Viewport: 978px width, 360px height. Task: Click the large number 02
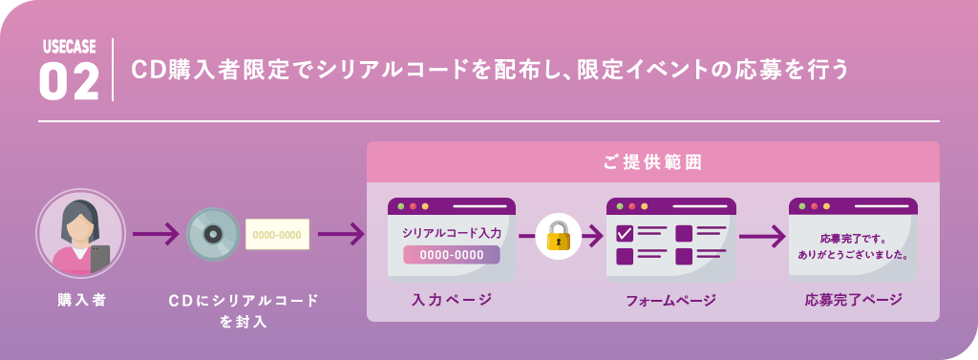click(69, 82)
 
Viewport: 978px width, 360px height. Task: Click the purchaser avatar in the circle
click(80, 233)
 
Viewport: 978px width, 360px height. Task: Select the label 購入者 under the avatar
click(81, 300)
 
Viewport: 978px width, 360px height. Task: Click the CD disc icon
click(212, 234)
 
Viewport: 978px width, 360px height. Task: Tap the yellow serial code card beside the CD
click(277, 234)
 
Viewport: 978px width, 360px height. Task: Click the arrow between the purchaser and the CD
click(156, 234)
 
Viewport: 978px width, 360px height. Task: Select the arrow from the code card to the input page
click(341, 234)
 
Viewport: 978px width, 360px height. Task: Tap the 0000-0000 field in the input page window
click(451, 255)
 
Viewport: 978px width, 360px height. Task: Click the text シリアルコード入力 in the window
click(451, 232)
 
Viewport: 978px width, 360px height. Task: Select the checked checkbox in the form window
click(625, 232)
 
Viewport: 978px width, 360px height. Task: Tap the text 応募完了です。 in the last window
click(853, 238)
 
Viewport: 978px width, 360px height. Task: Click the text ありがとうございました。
click(853, 256)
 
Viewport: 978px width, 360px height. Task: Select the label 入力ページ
click(452, 300)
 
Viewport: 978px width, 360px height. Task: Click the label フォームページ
click(670, 300)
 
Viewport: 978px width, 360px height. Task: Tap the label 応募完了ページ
click(853, 300)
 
